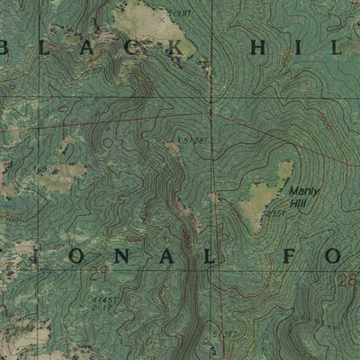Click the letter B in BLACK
coord(11,49)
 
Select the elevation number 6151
coord(275,215)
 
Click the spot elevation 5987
coord(181,14)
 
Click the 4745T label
coord(106,298)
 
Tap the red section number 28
coord(347,282)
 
